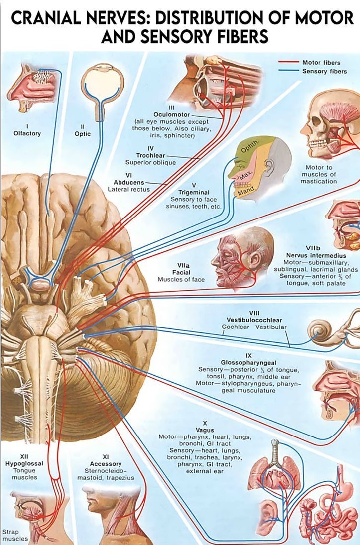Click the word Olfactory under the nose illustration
coord(27,133)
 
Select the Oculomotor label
coord(171,114)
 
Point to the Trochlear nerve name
coord(151,155)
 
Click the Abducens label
coord(129,182)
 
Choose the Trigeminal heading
coord(194,192)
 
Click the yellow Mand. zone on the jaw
coord(246,191)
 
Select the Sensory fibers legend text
coord(325,71)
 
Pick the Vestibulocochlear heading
coord(254,319)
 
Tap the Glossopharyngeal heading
coord(248,362)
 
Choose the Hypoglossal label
coord(24,463)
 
